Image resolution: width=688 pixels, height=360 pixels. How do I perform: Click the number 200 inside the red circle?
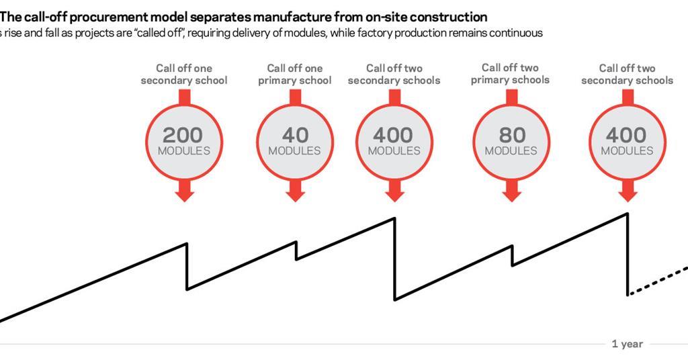pyautogui.click(x=183, y=135)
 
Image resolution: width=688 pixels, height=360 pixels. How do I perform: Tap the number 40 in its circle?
pyautogui.click(x=295, y=135)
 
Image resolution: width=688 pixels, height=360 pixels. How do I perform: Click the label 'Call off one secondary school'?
pyautogui.click(x=183, y=74)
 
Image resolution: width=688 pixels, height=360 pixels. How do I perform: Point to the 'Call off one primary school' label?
pyautogui.click(x=295, y=74)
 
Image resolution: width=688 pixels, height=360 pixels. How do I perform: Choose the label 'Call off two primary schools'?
pyautogui.click(x=510, y=73)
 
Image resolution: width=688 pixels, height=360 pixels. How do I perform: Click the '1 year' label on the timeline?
pyautogui.click(x=627, y=344)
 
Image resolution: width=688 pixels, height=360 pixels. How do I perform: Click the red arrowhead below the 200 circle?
pyautogui.click(x=184, y=195)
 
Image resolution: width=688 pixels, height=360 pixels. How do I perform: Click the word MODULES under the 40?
pyautogui.click(x=295, y=151)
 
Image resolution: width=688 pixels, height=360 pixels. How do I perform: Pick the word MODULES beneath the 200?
pyautogui.click(x=183, y=151)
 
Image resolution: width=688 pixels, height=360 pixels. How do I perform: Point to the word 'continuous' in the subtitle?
pyautogui.click(x=518, y=33)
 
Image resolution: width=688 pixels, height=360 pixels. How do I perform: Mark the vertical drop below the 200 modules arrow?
pyautogui.click(x=187, y=266)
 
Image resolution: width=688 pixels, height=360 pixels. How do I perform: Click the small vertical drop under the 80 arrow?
pyautogui.click(x=512, y=255)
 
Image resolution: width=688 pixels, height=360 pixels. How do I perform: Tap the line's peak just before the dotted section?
pyautogui.click(x=628, y=214)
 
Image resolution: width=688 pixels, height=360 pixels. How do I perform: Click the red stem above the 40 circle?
pyautogui.click(x=295, y=97)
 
